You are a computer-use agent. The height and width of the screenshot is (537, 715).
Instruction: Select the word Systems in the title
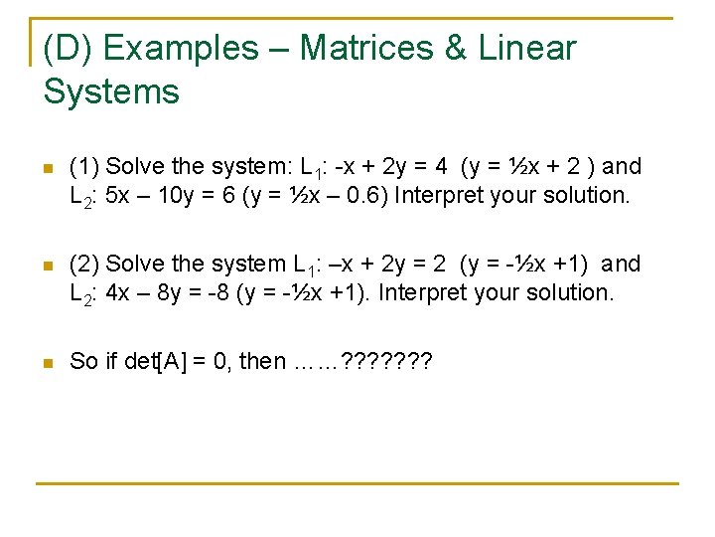coord(111,92)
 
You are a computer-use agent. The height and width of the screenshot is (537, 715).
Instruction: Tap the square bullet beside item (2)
coord(48,266)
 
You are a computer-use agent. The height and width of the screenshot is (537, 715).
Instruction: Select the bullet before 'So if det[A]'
coord(48,363)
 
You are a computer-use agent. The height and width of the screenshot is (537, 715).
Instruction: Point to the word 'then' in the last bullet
coord(262,361)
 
